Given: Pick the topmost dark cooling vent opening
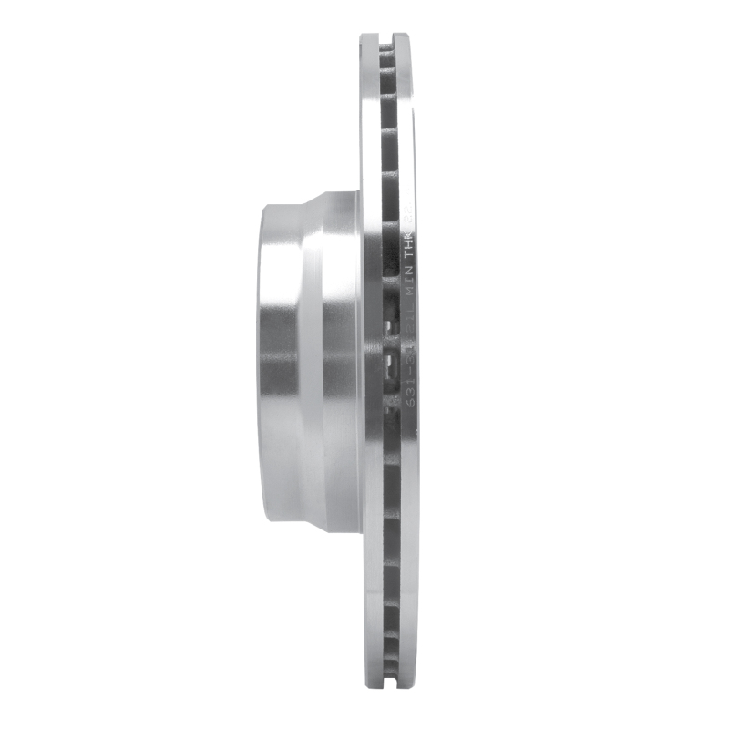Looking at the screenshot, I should (x=388, y=56).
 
